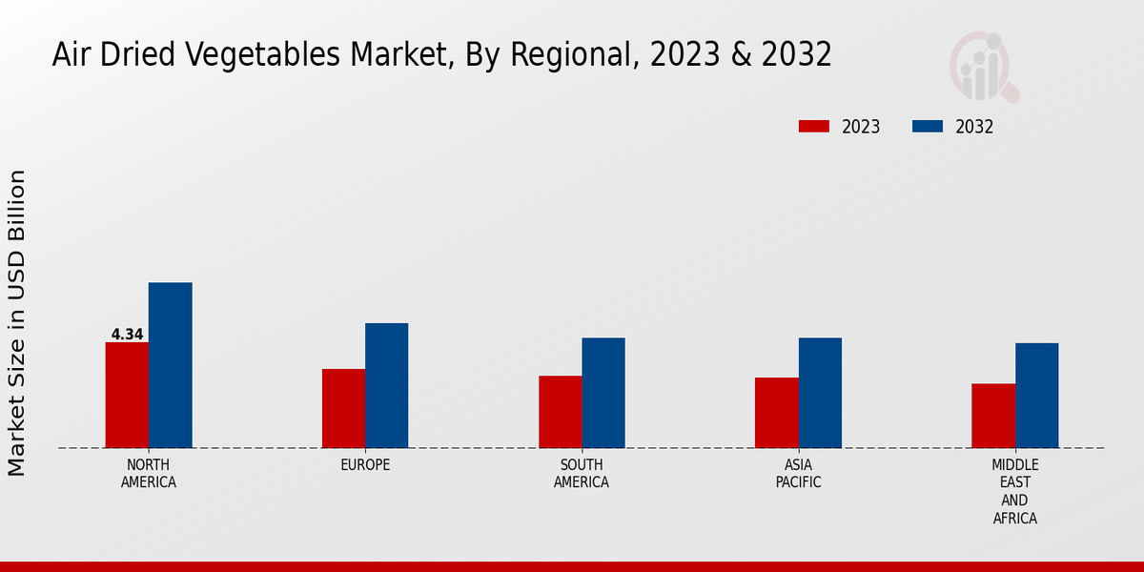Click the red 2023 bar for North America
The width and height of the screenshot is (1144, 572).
pyautogui.click(x=127, y=395)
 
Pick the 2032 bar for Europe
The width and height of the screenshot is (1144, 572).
pyautogui.click(x=386, y=385)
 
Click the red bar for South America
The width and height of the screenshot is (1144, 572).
pyautogui.click(x=560, y=412)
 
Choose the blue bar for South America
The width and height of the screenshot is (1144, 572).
pyautogui.click(x=603, y=393)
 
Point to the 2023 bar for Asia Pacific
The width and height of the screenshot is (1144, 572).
pyautogui.click(x=776, y=413)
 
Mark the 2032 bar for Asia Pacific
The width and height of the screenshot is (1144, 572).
pyautogui.click(x=820, y=393)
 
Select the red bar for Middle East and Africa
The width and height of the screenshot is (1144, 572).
pyautogui.click(x=992, y=416)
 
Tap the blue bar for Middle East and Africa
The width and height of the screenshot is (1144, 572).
pyautogui.click(x=1036, y=396)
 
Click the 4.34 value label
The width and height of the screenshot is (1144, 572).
pyautogui.click(x=127, y=335)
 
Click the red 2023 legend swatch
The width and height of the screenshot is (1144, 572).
pyautogui.click(x=814, y=127)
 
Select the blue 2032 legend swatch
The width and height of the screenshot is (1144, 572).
pyautogui.click(x=928, y=127)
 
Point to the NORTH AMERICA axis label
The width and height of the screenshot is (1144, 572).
pyautogui.click(x=149, y=473)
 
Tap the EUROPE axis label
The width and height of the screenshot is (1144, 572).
pyautogui.click(x=365, y=464)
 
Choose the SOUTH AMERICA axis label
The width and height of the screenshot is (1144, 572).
pyautogui.click(x=582, y=473)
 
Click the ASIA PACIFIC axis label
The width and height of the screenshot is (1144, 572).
pyautogui.click(x=798, y=473)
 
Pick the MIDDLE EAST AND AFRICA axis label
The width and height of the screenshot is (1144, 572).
pyautogui.click(x=1014, y=491)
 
